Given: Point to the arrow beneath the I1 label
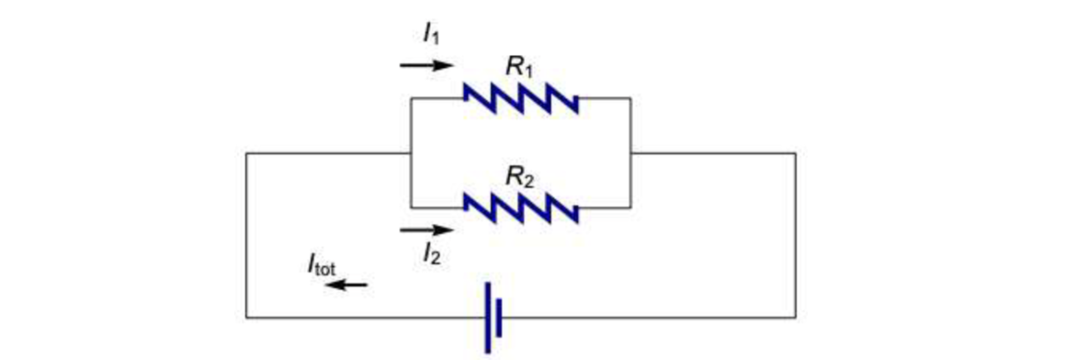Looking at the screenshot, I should [426, 65].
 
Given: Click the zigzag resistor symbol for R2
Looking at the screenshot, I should [520, 207].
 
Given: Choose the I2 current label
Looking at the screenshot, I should [431, 253].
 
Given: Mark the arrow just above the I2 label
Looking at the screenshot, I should [426, 230].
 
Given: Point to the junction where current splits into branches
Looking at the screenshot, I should [411, 153].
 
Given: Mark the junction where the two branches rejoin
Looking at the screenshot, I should [631, 153].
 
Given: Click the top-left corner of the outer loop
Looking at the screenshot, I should [247, 153].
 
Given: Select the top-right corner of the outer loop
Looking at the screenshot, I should [795, 153].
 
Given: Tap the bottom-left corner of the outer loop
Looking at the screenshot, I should [247, 317].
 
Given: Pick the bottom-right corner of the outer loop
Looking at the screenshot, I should [795, 317].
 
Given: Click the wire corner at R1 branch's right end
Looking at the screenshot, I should [631, 98].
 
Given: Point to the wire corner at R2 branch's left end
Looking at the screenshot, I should [411, 207].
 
